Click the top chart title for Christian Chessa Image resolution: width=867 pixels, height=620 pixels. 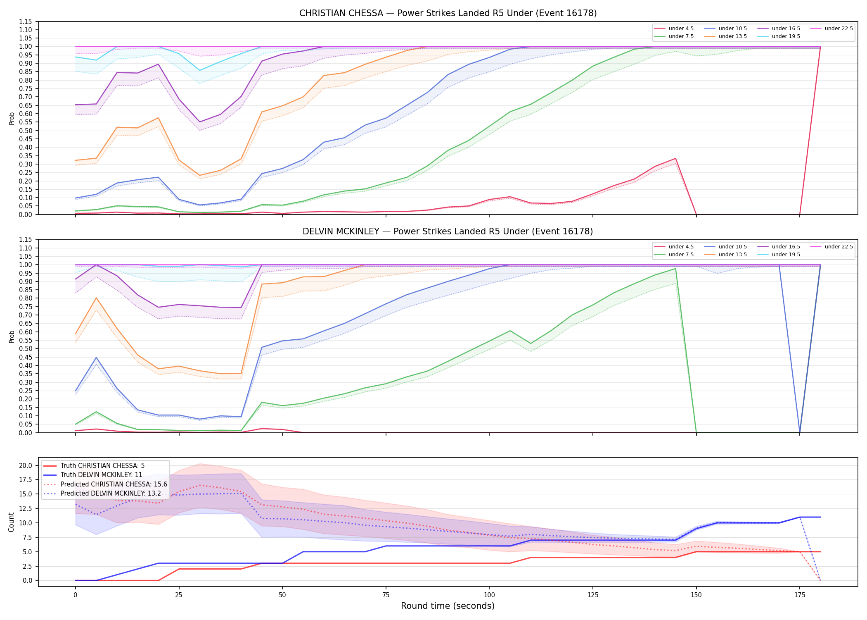click(448, 13)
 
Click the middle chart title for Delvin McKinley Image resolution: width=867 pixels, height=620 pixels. click(448, 231)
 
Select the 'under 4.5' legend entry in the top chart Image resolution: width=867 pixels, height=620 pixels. click(674, 29)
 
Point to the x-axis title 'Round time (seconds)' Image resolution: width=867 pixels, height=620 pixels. click(448, 606)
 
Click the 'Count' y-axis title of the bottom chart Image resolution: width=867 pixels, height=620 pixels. click(11, 522)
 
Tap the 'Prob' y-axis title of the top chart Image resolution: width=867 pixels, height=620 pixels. click(12, 119)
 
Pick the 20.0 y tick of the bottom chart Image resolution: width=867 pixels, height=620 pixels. click(26, 465)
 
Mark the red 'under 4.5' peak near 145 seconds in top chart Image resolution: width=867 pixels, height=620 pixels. click(675, 158)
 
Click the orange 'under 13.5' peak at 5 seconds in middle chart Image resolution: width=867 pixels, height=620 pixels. click(96, 298)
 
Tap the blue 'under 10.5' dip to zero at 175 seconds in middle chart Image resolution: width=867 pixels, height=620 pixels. click(800, 432)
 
